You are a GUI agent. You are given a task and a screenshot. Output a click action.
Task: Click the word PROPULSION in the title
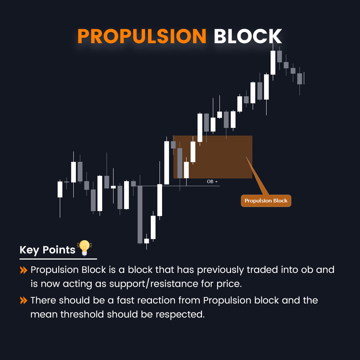point(141,36)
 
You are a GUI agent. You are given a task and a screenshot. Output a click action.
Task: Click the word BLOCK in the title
point(248,36)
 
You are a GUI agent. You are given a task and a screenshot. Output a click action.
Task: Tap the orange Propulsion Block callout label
point(266,201)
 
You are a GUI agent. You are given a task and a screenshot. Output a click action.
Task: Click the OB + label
point(212,182)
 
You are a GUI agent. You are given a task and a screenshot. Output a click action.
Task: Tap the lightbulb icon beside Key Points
point(85,248)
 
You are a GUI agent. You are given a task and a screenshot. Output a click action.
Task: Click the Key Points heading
point(48,250)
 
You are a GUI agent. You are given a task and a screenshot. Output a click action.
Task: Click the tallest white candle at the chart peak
point(273,62)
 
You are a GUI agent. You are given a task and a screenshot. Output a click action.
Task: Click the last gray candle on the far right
point(300,78)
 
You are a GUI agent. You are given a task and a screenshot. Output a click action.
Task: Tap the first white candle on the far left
point(60,189)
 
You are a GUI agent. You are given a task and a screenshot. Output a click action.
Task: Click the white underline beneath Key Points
point(58,258)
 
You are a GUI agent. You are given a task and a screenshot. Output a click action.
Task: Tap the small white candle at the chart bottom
point(147,241)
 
